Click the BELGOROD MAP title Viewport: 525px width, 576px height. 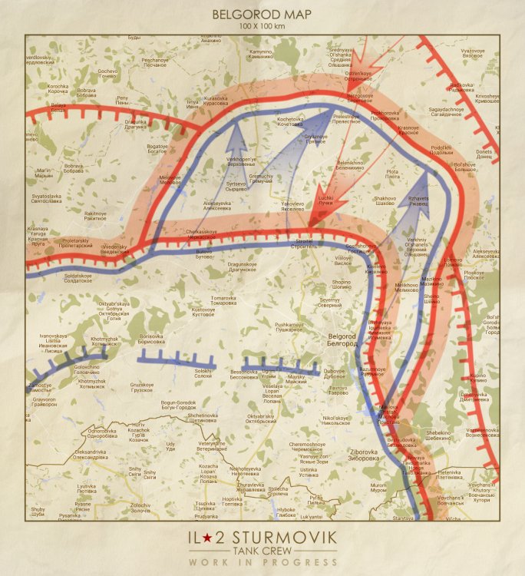coord(262,14)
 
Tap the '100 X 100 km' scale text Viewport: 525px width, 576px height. coord(262,26)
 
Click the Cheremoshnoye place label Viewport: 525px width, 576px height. coord(308,447)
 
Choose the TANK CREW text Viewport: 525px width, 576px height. coord(262,551)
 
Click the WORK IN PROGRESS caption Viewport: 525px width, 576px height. coord(262,563)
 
